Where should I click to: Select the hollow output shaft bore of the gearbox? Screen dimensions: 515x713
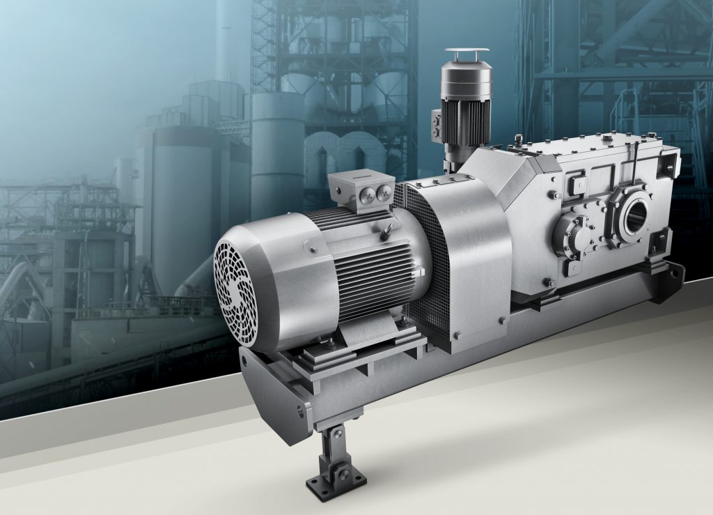(x=635, y=219)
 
